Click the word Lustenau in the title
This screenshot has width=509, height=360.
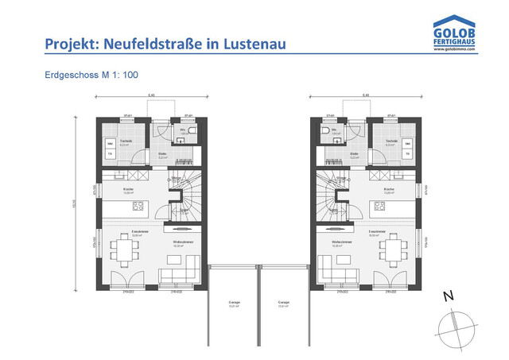256,44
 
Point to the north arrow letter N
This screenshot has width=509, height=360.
449,296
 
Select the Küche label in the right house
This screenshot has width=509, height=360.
389,189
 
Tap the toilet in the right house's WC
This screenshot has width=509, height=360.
328,130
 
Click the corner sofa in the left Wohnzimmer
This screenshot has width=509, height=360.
177,274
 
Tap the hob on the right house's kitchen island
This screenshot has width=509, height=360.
379,207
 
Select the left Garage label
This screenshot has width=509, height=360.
235,303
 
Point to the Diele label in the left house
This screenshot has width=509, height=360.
162,154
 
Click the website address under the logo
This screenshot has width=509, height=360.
454,48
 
